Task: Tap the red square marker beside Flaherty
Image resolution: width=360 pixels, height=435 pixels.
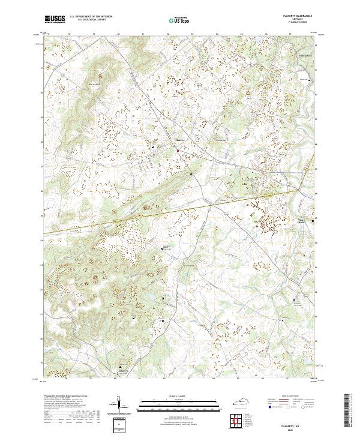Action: click(x=178, y=150)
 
